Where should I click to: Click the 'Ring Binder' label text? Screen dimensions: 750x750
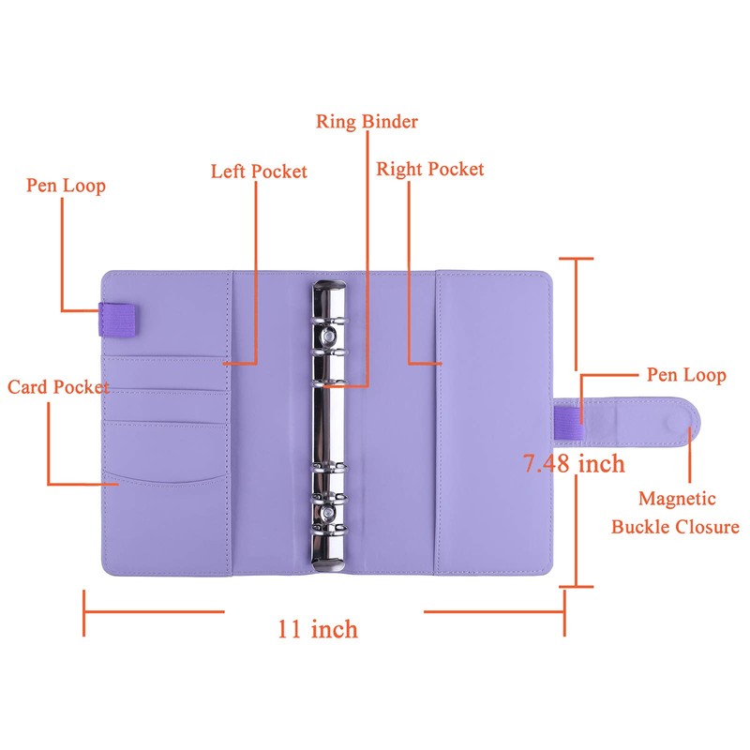click(x=367, y=122)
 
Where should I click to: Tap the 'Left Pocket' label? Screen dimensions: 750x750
click(x=259, y=172)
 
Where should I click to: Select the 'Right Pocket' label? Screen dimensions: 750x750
click(x=430, y=169)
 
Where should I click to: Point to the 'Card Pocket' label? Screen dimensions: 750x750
click(x=58, y=387)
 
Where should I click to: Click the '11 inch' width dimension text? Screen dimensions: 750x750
click(x=318, y=629)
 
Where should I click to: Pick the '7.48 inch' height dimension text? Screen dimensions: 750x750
click(x=574, y=463)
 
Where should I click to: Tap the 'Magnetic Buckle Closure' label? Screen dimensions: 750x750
click(x=675, y=513)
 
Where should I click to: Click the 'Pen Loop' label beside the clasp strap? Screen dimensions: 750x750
click(x=686, y=374)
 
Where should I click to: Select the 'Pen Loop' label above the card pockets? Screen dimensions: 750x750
click(x=66, y=186)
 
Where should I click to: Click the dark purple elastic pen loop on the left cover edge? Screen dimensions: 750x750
click(x=116, y=319)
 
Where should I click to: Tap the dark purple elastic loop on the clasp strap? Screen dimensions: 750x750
click(x=568, y=423)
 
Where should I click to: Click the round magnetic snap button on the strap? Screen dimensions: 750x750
click(x=679, y=422)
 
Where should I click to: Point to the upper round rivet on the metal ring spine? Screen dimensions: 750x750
click(x=329, y=337)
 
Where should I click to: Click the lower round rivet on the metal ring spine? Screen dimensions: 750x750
click(x=328, y=513)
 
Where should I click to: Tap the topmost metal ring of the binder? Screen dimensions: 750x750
click(x=329, y=321)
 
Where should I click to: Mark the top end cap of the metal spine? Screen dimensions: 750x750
click(x=329, y=286)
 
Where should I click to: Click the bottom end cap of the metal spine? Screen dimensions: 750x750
click(x=328, y=565)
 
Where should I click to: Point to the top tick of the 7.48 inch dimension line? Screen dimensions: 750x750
click(x=576, y=259)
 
